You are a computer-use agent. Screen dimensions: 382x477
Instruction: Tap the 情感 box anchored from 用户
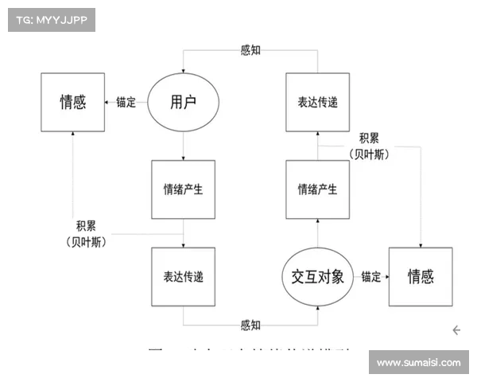[73, 102]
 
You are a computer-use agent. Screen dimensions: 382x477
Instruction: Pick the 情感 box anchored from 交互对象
[421, 277]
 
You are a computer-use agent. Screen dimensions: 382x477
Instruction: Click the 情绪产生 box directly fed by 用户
[183, 189]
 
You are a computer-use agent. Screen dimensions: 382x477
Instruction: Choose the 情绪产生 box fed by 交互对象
[317, 189]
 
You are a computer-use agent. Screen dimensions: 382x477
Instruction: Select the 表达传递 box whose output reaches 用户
[317, 102]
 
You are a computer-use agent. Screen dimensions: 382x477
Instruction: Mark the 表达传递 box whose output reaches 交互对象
[183, 277]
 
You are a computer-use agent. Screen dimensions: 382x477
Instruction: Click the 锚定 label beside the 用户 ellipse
[126, 102]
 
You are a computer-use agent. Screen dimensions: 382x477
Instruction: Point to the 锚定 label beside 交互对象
[370, 277]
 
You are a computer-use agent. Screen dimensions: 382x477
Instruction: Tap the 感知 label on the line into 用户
[250, 50]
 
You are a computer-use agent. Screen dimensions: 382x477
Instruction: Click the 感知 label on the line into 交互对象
[250, 325]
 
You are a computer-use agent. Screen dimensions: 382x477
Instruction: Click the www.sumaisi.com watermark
[418, 363]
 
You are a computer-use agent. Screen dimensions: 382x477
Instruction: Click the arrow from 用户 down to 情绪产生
[183, 146]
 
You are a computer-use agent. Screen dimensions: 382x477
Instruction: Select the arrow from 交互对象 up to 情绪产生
[317, 233]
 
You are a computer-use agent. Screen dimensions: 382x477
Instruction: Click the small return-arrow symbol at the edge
[457, 329]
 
